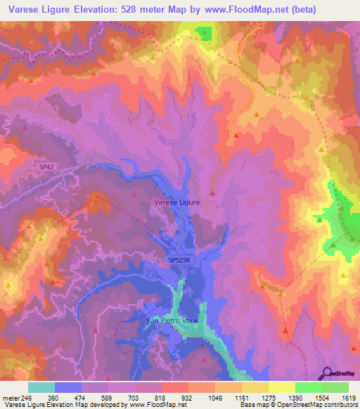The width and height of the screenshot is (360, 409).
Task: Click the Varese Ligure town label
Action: point(177,202)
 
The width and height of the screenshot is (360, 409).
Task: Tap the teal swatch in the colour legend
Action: point(41,387)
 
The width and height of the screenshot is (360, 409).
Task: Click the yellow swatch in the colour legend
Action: point(281,387)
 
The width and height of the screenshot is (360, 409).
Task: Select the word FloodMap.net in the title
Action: point(250,10)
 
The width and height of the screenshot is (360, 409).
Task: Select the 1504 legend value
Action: point(308,398)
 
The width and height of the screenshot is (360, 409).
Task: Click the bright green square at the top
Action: point(203,33)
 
